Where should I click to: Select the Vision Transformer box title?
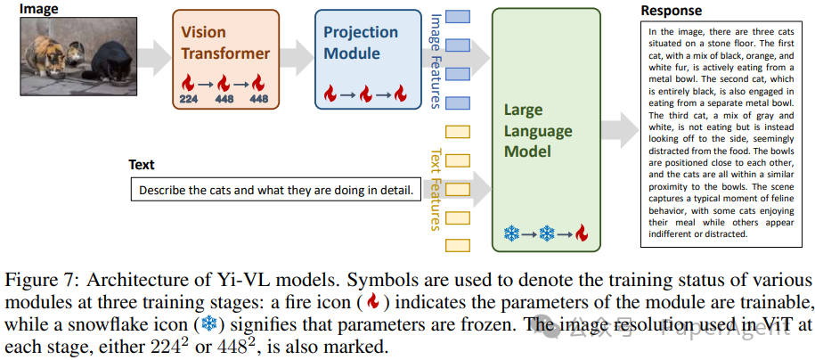coord(225,43)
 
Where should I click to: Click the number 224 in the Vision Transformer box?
coord(189,99)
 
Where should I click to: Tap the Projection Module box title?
coord(361,43)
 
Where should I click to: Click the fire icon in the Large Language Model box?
coord(582,233)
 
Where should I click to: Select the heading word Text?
coord(141,165)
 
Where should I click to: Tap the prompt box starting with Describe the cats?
coord(275,190)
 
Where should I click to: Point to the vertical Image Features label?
coord(435,60)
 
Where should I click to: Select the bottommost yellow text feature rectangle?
coord(457,244)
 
